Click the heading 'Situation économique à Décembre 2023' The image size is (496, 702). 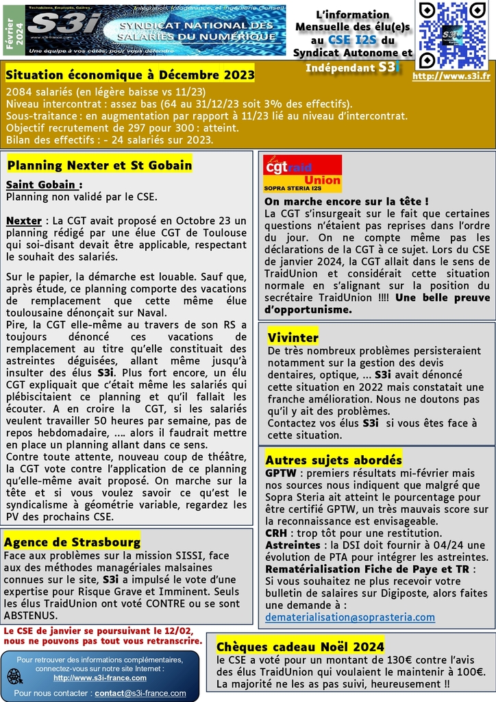point(130,73)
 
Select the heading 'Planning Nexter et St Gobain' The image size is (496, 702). point(99,165)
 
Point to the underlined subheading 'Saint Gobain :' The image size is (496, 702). point(44,184)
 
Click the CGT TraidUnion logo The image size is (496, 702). point(302,173)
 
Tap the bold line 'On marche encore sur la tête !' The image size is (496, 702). point(347,202)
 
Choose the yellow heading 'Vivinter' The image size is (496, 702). point(293,337)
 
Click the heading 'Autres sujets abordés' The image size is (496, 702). point(333,459)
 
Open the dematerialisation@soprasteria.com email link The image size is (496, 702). point(349,617)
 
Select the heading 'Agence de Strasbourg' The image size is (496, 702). point(72,542)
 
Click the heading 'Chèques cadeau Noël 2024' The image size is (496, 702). point(300,646)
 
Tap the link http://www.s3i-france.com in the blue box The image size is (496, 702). point(100,677)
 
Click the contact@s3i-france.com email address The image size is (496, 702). point(140,693)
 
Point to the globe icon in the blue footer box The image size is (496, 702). point(14,675)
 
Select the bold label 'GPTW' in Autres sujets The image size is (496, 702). point(280,473)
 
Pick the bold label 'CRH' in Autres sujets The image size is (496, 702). point(277,533)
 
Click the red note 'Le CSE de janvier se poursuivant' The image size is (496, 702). point(102,635)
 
